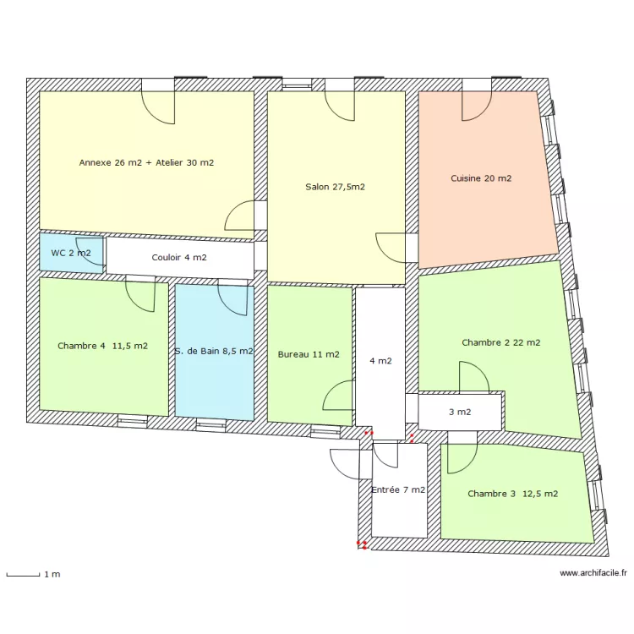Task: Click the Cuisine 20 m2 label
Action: (x=481, y=178)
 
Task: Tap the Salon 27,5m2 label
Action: (x=336, y=187)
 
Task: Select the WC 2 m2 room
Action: (x=71, y=253)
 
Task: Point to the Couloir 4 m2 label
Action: (x=179, y=258)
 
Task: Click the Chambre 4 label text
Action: (x=81, y=346)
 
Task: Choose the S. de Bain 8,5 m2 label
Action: (x=214, y=351)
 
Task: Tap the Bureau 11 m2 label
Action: (x=309, y=354)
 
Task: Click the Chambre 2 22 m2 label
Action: (x=501, y=342)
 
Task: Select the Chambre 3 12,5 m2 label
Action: (x=513, y=494)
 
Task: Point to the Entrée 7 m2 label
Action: (x=398, y=489)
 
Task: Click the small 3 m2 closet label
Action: (x=460, y=412)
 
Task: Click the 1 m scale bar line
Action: (x=23, y=575)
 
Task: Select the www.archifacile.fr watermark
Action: (x=593, y=572)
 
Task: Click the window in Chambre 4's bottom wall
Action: (x=132, y=421)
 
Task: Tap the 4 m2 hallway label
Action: (x=380, y=361)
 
